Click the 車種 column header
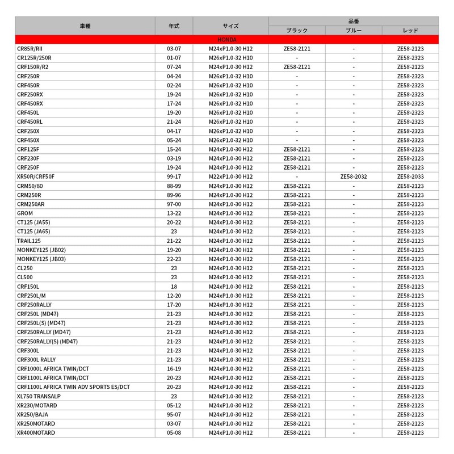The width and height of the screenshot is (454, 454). (x=85, y=26)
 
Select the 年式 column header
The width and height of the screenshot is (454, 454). (x=174, y=26)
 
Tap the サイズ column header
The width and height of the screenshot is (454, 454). (x=230, y=26)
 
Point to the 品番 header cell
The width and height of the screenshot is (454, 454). (x=353, y=21)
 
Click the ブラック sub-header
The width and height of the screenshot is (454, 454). (x=297, y=30)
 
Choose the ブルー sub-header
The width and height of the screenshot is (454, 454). (x=353, y=30)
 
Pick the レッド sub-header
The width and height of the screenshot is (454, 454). (x=410, y=30)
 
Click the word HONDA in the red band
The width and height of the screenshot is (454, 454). (x=227, y=40)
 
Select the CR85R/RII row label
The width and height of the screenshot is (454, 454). (x=30, y=49)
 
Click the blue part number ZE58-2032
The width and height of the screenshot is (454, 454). (x=354, y=176)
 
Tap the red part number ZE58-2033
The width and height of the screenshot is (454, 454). (x=410, y=176)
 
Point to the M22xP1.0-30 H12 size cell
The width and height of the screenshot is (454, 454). (x=230, y=176)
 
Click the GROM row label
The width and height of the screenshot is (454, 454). (x=25, y=213)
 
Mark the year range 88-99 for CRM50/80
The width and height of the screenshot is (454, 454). (x=174, y=186)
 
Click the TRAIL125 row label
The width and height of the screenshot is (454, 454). (x=28, y=241)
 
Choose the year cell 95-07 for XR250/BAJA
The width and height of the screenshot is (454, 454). (x=174, y=414)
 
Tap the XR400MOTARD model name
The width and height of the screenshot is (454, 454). (x=36, y=432)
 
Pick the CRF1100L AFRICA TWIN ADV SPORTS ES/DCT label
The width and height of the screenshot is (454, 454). (x=73, y=387)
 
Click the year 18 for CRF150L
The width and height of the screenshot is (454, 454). (x=174, y=287)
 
